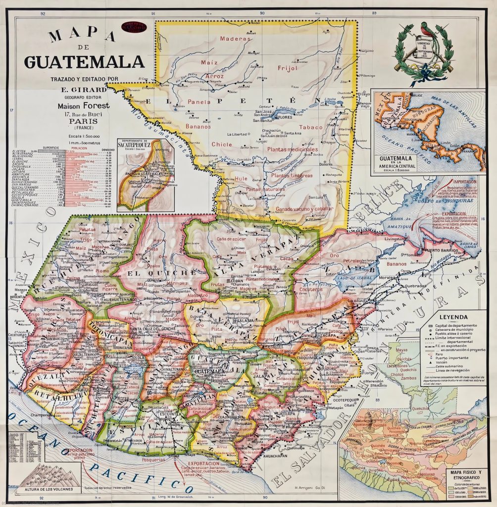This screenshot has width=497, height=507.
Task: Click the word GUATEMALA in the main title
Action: click(85, 62)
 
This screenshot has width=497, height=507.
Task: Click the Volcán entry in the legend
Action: click(445, 364)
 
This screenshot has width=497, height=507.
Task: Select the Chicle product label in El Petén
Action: click(221, 145)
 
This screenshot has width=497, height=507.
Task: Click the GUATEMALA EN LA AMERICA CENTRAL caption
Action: click(399, 161)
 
